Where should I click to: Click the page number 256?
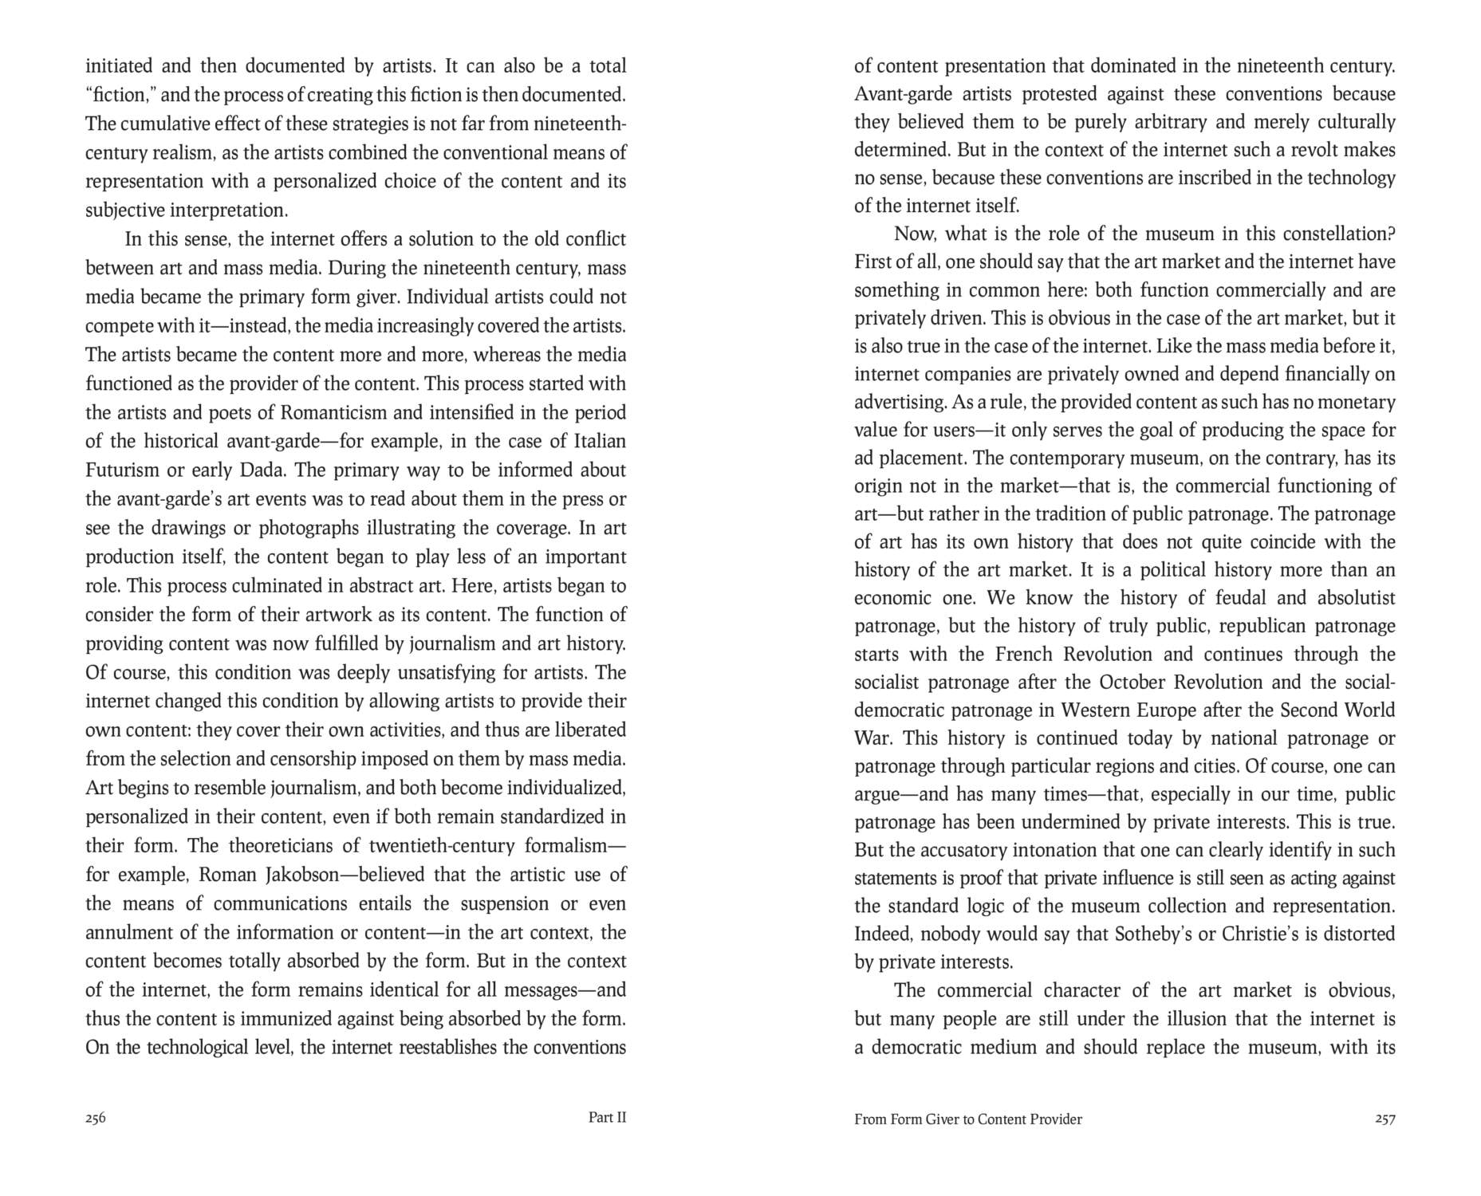coord(96,1118)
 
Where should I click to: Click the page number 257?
coord(1384,1119)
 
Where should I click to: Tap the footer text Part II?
coord(607,1118)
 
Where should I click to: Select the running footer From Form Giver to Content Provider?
coord(967,1119)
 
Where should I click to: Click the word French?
coord(1023,655)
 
